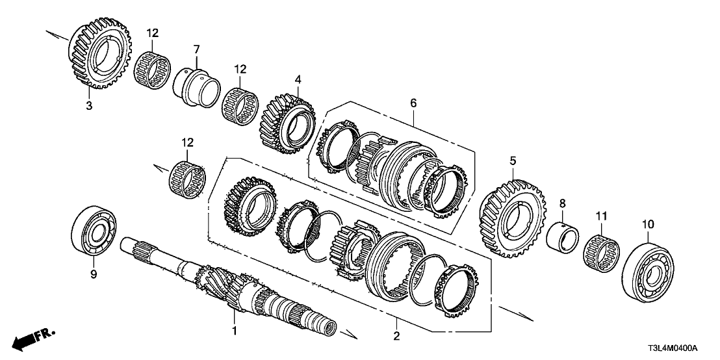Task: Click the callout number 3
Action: (90, 105)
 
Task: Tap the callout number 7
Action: (196, 49)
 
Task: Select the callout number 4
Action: (298, 80)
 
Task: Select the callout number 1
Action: (235, 331)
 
